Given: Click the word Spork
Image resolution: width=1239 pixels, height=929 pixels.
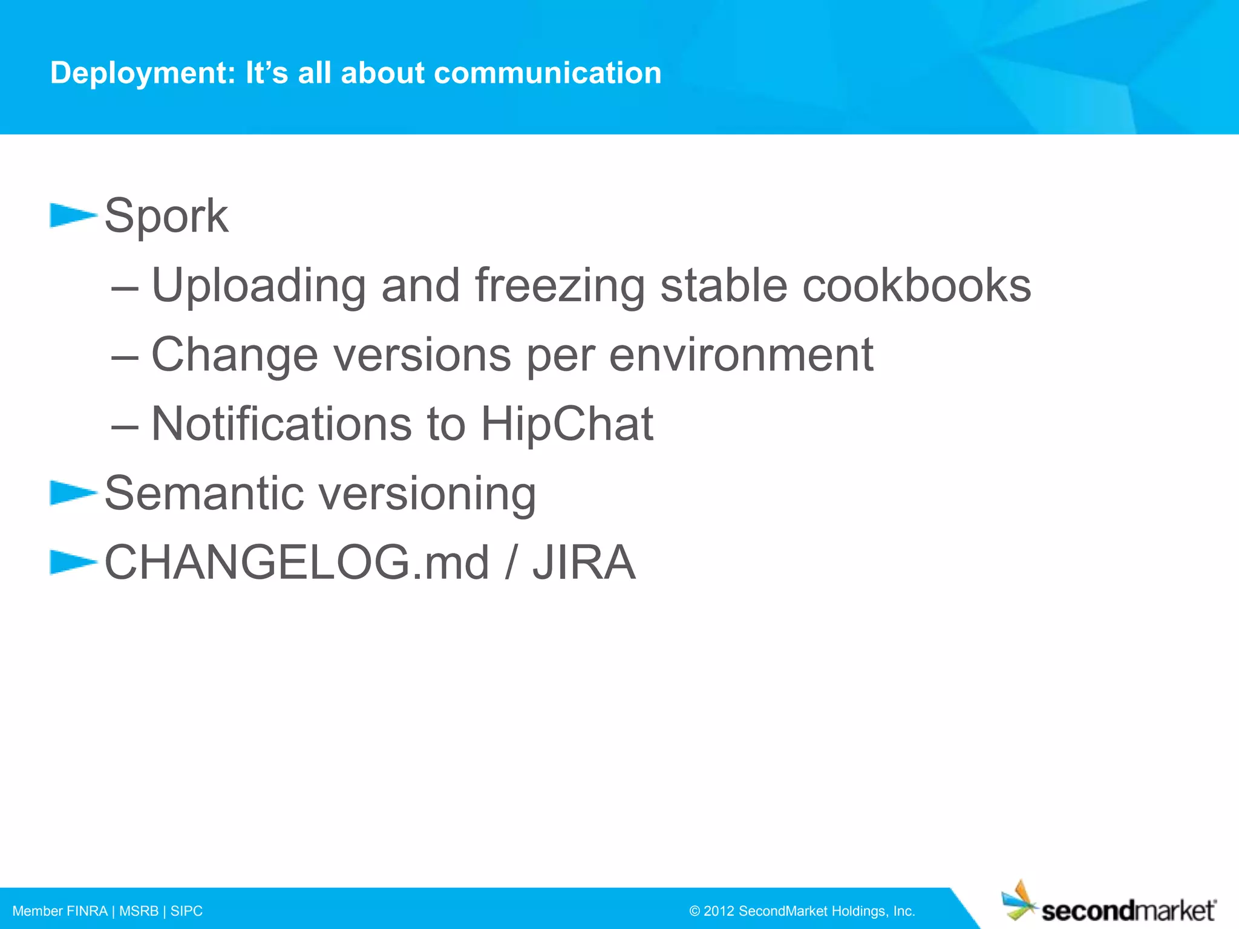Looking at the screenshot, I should click(166, 216).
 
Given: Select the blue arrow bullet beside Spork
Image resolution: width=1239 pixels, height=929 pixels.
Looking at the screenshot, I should click(72, 215).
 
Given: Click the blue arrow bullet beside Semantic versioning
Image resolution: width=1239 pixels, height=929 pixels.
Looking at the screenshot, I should click(72, 492).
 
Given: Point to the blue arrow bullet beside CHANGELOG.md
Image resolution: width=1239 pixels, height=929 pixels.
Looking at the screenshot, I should click(72, 562).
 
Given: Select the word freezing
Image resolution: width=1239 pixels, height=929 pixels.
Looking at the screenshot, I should click(560, 285).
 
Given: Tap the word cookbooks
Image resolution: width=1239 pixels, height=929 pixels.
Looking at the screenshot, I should click(917, 285).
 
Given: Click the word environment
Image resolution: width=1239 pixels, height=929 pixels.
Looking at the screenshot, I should click(741, 355).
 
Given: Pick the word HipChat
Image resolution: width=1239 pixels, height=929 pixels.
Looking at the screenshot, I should click(567, 424).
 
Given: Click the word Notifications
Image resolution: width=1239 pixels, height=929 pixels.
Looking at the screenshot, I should click(281, 424).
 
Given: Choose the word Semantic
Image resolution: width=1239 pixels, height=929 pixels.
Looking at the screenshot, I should click(204, 494).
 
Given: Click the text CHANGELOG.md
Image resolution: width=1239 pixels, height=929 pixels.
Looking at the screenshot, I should click(296, 563).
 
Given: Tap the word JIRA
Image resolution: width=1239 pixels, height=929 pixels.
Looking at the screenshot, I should click(584, 563).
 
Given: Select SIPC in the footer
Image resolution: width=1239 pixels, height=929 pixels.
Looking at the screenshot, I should click(186, 911).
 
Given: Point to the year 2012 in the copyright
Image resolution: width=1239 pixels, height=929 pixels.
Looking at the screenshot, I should click(719, 911).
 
